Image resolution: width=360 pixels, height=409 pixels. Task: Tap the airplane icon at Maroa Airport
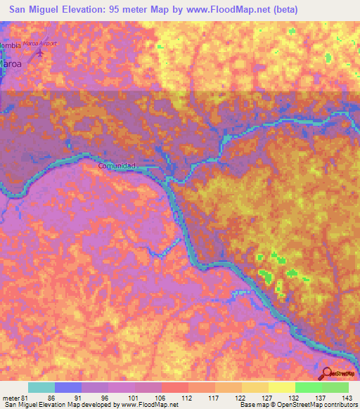pyautogui.click(x=41, y=52)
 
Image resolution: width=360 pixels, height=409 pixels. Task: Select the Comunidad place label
pyautogui.click(x=116, y=166)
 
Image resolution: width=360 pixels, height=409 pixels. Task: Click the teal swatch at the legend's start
pyautogui.click(x=41, y=387)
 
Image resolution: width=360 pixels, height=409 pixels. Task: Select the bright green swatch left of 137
pyautogui.click(x=308, y=387)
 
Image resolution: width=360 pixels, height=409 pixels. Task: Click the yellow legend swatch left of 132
pyautogui.click(x=281, y=387)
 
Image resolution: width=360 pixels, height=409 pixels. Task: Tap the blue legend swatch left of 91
pyautogui.click(x=68, y=387)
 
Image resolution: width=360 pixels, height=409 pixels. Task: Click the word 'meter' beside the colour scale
pyautogui.click(x=9, y=397)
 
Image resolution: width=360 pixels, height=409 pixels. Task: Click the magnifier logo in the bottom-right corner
pyautogui.click(x=327, y=374)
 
